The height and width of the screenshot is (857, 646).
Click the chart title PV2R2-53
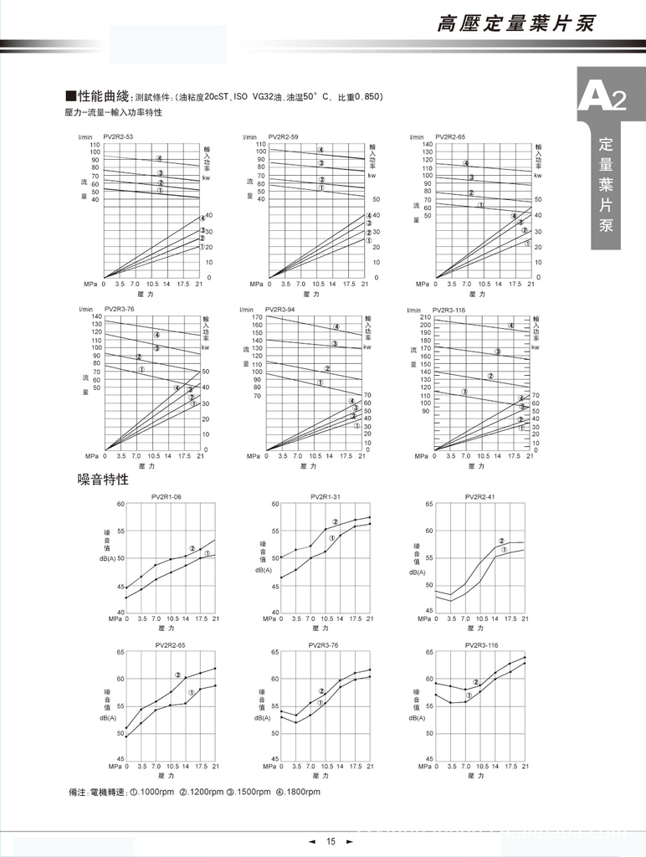pos(118,137)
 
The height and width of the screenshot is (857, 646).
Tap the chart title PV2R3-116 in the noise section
pos(481,645)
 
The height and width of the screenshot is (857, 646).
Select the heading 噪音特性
pos(103,480)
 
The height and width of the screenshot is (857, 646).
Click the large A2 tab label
pos(602,98)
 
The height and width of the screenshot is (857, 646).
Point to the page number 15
pos(331,841)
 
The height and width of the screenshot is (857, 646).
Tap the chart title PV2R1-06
pos(167,497)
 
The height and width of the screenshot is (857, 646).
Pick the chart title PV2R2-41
pos(481,497)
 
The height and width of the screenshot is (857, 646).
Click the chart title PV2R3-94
pos(280,310)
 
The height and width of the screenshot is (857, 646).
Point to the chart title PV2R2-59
pos(283,137)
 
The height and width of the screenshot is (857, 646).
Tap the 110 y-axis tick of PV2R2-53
pos(95,145)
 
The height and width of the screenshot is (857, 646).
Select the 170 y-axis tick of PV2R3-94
pos(258,318)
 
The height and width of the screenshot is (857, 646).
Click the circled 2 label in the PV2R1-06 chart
pos(192,549)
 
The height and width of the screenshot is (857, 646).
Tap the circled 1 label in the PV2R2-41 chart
pos(505,550)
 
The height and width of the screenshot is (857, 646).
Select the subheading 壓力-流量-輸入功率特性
pos(113,112)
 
